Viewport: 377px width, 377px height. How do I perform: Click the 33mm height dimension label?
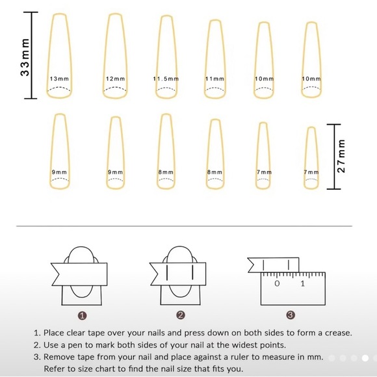click(25, 57)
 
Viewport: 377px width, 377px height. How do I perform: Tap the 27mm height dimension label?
click(341, 156)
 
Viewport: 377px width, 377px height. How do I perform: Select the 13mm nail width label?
click(59, 79)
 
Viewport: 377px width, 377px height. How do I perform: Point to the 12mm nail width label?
click(116, 79)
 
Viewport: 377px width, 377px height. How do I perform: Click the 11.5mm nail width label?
click(166, 79)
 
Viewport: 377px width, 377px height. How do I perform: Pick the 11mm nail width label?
click(214, 79)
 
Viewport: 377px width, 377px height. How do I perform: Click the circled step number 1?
click(83, 315)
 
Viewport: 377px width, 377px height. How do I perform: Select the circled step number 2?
click(181, 315)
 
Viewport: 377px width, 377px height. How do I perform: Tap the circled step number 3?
click(291, 315)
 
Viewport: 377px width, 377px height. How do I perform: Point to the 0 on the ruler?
click(277, 283)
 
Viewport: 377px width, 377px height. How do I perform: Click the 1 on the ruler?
click(303, 283)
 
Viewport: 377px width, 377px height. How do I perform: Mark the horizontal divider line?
click(184, 226)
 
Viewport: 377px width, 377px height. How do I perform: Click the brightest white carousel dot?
click(365, 358)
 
